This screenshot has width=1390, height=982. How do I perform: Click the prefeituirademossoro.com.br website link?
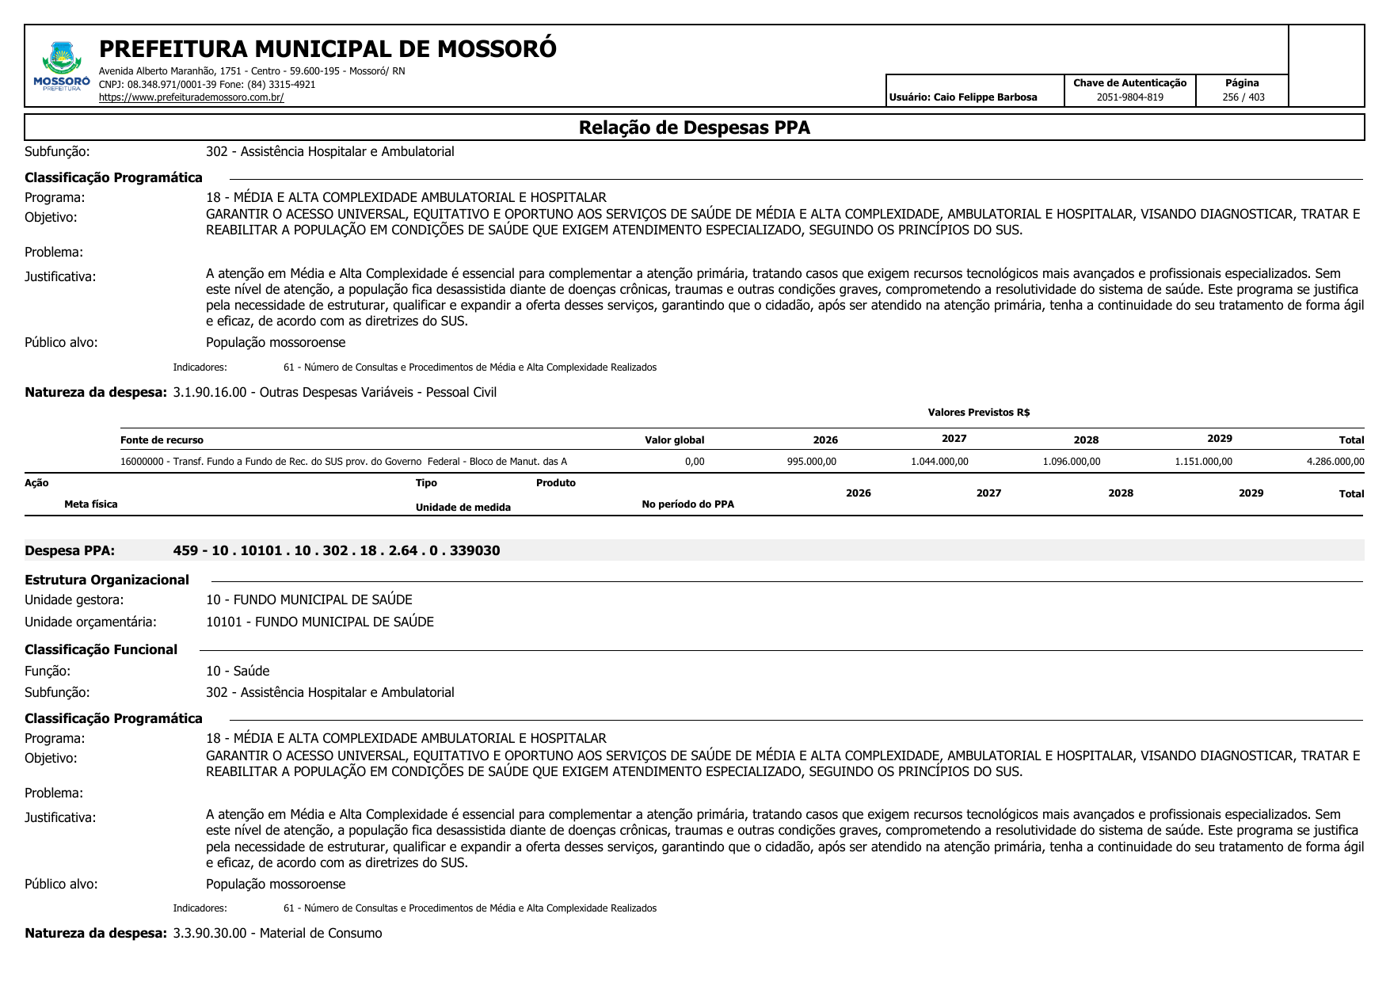(x=191, y=97)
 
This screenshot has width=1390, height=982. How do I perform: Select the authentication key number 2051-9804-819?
(x=1129, y=97)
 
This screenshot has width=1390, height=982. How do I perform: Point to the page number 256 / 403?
(x=1243, y=97)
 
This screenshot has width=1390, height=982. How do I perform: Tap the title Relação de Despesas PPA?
(x=694, y=128)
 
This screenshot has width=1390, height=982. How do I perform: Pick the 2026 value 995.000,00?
(x=811, y=462)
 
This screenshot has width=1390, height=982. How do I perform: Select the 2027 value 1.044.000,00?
(x=939, y=462)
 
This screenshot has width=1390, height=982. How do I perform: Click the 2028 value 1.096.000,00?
(x=1071, y=462)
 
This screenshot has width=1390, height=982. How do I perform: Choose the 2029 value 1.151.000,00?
(x=1203, y=462)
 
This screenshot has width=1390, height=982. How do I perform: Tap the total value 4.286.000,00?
(x=1335, y=462)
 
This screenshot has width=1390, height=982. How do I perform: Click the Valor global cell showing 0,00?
(x=694, y=462)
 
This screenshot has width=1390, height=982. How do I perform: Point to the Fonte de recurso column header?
(x=162, y=440)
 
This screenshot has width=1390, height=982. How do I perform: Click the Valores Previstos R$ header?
(x=978, y=413)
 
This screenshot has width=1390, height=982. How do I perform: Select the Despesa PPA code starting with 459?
(x=337, y=550)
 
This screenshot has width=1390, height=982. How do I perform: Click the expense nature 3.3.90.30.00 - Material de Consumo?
(x=277, y=933)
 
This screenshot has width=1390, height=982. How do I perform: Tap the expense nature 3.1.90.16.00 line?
(x=334, y=392)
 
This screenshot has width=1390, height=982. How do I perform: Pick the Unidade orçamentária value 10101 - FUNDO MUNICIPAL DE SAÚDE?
(x=320, y=622)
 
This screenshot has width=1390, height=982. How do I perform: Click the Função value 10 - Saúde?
(x=238, y=671)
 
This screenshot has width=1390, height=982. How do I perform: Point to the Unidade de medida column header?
(x=463, y=508)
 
